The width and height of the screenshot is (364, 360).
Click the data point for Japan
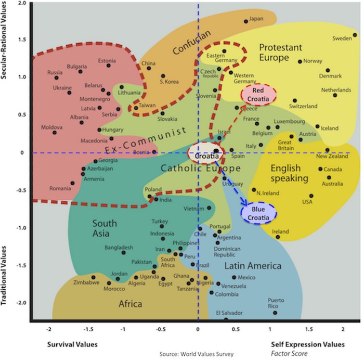point(246,21)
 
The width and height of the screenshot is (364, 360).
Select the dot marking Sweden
point(355,35)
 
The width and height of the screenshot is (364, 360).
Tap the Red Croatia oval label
point(258,95)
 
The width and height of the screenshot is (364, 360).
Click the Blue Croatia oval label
point(258,213)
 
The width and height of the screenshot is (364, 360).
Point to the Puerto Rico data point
point(275,313)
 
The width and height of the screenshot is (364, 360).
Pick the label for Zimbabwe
point(86,282)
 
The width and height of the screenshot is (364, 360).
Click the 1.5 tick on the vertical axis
point(22,39)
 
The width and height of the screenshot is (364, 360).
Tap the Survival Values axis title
point(72,344)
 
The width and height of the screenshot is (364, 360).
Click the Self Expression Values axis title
point(308,344)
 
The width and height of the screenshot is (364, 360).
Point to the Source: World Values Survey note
point(197,354)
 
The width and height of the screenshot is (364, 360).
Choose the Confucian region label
point(192,42)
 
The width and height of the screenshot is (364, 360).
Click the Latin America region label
point(253,266)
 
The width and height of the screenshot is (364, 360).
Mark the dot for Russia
point(56,78)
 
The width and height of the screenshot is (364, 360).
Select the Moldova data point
point(55,133)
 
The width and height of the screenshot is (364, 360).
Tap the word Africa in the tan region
point(130,304)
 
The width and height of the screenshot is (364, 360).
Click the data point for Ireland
point(278,237)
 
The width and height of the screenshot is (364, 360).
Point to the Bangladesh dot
point(124,253)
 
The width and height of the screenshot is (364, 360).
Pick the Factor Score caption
point(289,353)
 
